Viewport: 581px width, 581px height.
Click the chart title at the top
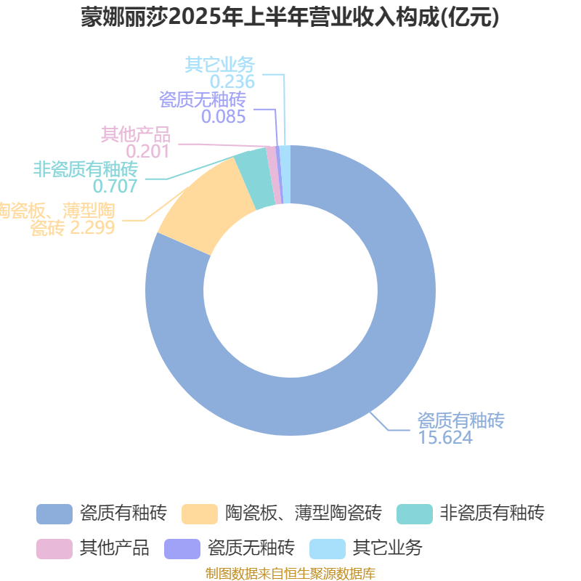(290, 17)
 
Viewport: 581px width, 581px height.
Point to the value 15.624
(445, 437)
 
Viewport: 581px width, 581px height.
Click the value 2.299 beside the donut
(92, 227)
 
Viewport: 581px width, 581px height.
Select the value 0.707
(115, 186)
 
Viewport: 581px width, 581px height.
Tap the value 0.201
(147, 151)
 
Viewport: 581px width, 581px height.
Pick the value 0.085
(224, 117)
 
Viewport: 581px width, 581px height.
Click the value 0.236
(232, 82)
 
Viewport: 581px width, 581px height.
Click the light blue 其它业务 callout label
(220, 65)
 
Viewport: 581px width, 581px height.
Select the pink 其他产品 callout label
(136, 134)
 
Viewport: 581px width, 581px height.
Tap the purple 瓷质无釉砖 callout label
(203, 99)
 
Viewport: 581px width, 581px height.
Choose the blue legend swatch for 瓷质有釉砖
(54, 514)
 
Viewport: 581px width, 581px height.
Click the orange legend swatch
(199, 514)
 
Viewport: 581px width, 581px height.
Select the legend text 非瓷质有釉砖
(492, 513)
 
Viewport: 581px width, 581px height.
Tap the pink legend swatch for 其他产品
(54, 549)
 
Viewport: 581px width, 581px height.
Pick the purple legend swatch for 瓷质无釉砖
(182, 549)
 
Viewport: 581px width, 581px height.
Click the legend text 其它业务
(388, 548)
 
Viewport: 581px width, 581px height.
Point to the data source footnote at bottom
(290, 573)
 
